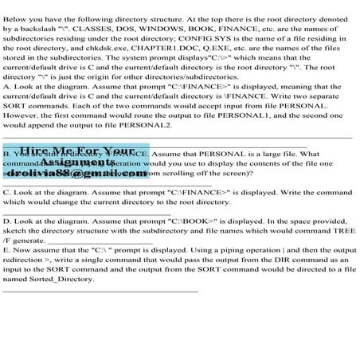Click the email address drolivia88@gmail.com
(x=68, y=173)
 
